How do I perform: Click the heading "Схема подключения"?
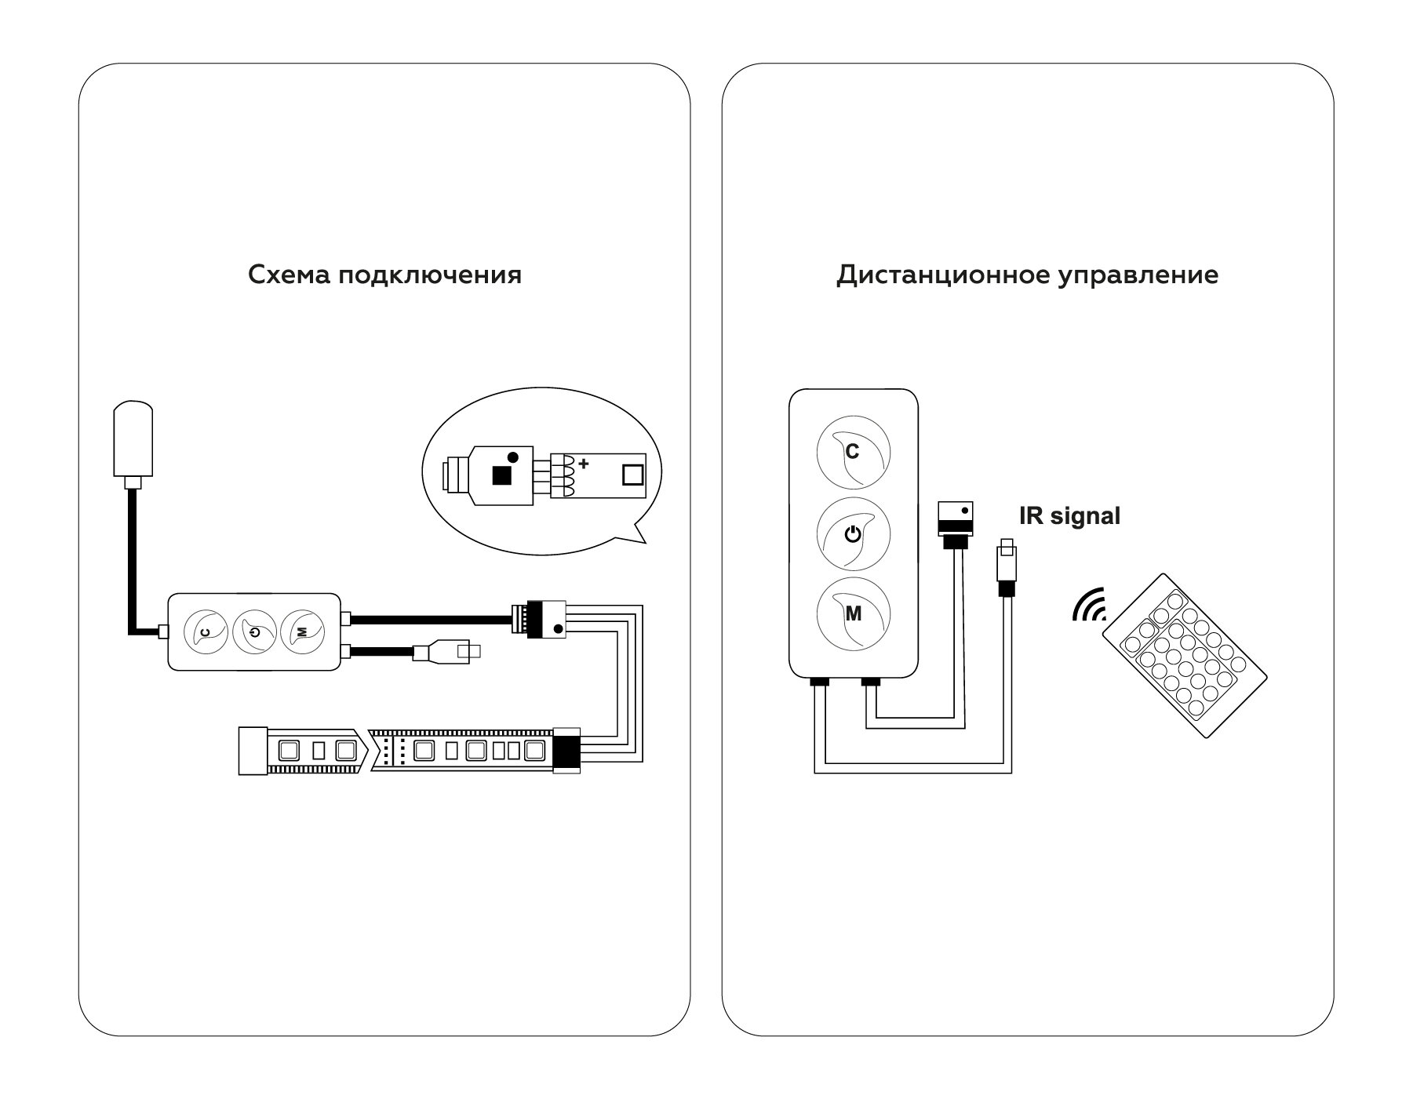coord(384,275)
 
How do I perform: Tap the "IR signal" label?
coord(1069,516)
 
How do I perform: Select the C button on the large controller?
coord(854,453)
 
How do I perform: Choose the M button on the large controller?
coord(854,614)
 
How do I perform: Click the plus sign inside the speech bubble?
coord(584,464)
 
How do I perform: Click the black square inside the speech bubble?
coord(500,475)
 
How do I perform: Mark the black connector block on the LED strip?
coord(566,750)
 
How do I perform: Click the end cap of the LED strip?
coord(253,751)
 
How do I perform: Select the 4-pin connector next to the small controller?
coord(541,620)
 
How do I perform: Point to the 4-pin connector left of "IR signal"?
coord(956,519)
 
